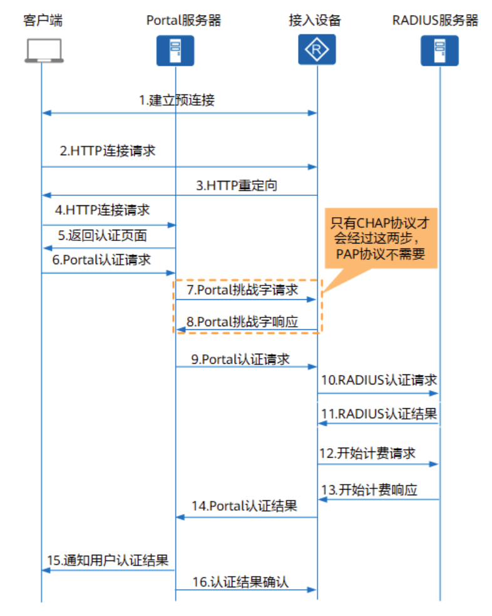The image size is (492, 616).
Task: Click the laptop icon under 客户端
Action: point(43,50)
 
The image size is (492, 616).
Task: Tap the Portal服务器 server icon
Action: point(175,50)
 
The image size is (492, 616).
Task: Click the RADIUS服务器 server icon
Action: point(439,50)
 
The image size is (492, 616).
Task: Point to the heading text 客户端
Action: point(43,20)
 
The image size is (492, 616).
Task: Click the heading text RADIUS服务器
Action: point(435,20)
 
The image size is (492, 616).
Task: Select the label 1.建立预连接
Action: point(177,100)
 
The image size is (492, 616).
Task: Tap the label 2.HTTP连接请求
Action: point(108,151)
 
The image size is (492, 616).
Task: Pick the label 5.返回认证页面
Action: point(103,236)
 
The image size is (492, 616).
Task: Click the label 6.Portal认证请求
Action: point(102,260)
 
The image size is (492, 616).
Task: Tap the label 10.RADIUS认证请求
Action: point(379,380)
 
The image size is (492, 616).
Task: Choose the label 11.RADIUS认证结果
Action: point(379,413)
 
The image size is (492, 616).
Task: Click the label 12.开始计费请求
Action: point(368,453)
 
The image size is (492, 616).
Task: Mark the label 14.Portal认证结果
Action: point(244,506)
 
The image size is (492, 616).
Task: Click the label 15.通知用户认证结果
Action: point(108,560)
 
